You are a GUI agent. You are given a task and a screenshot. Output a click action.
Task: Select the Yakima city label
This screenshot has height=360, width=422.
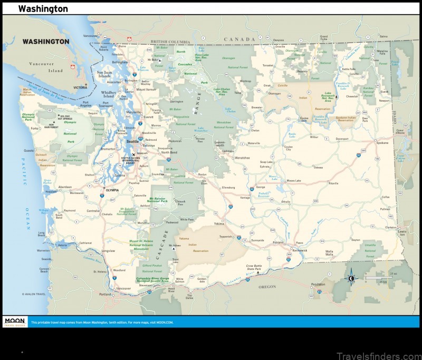pyautogui.click(x=219, y=223)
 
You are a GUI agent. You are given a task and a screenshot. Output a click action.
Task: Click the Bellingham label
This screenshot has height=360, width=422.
pyautogui.click(x=120, y=62)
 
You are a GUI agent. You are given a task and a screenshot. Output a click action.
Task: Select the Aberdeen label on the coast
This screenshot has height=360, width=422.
pyautogui.click(x=65, y=187)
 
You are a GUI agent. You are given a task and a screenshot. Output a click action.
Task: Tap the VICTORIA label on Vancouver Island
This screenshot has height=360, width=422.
pyautogui.click(x=80, y=87)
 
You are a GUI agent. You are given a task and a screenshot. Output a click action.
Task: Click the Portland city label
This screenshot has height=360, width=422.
pyautogui.click(x=105, y=294)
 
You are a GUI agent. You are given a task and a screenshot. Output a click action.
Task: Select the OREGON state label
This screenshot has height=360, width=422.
pyautogui.click(x=267, y=287)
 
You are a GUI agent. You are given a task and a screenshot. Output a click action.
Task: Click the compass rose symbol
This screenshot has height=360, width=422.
pyautogui.click(x=351, y=279)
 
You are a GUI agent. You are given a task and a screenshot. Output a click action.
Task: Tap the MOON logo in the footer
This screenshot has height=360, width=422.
pyautogui.click(x=15, y=321)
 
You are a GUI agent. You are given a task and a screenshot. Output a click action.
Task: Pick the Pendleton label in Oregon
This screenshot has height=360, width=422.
pyautogui.click(x=318, y=284)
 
